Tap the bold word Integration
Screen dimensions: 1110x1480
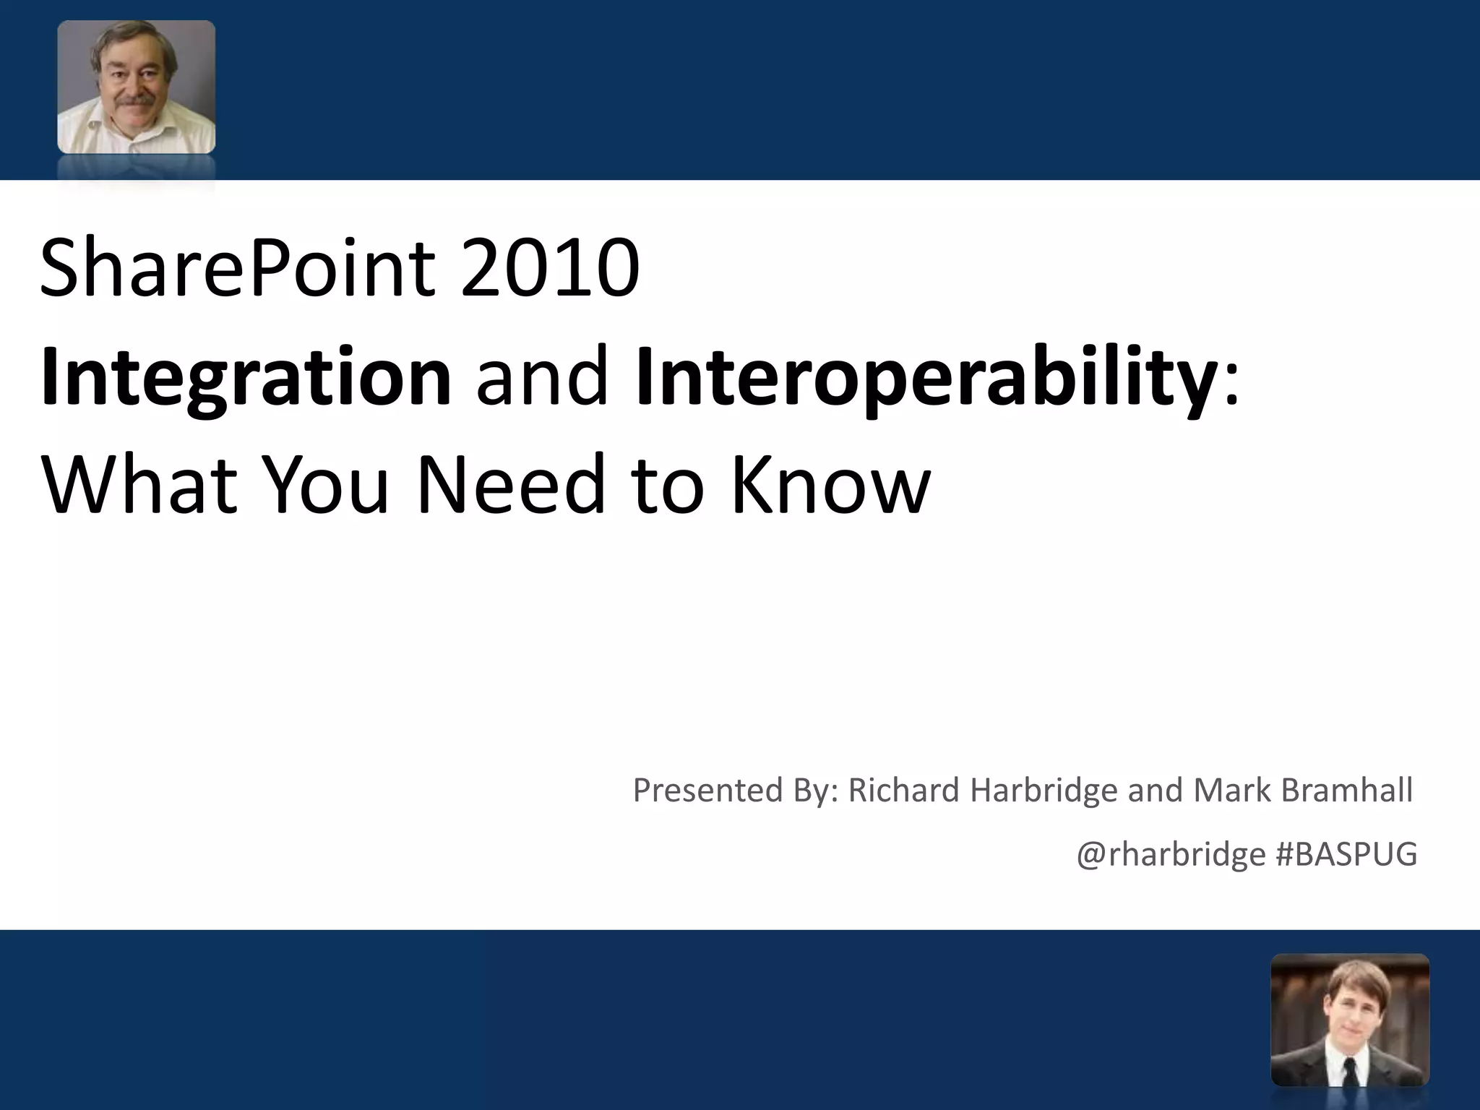click(x=246, y=377)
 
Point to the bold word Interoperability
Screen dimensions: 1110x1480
click(x=925, y=377)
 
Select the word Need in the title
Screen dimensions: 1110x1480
click(x=510, y=486)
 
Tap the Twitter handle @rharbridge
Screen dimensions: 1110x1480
click(x=1171, y=855)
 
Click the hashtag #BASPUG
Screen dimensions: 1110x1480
click(x=1346, y=855)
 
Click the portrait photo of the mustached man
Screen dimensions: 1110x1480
click(x=136, y=87)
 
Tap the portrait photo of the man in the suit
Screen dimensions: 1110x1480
click(x=1349, y=1019)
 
